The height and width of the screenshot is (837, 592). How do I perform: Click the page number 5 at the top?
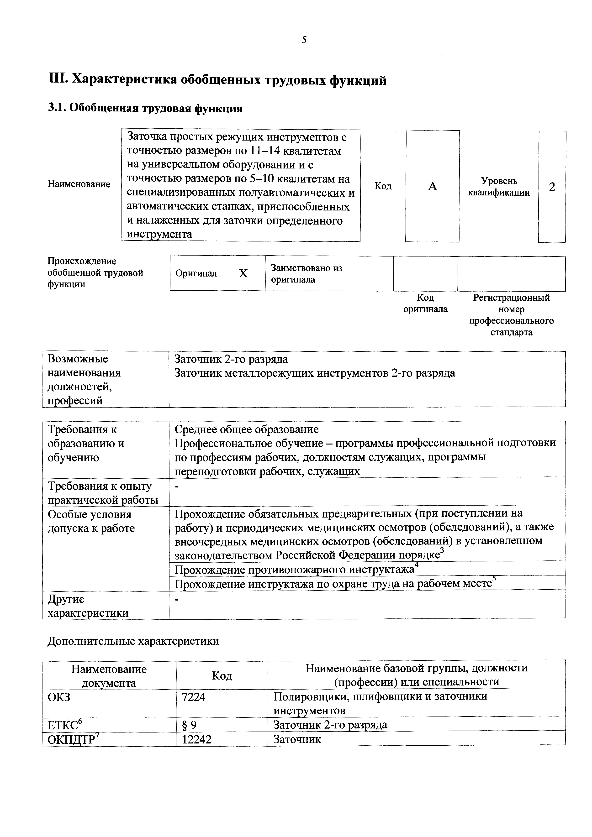[x=304, y=40]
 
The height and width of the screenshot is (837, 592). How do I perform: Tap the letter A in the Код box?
[x=432, y=187]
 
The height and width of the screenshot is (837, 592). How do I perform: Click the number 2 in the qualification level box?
[x=552, y=187]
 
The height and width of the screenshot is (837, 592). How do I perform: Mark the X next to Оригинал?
[x=243, y=273]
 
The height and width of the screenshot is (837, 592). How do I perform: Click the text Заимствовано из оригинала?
[x=307, y=274]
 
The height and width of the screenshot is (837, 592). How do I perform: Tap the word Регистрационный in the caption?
[x=511, y=298]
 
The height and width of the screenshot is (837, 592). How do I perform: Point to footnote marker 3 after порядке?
[x=442, y=550]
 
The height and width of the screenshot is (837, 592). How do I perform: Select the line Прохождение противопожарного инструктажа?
[x=294, y=570]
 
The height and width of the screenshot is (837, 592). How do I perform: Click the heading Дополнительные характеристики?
[x=133, y=641]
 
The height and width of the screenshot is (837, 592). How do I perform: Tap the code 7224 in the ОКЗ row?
[x=193, y=697]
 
